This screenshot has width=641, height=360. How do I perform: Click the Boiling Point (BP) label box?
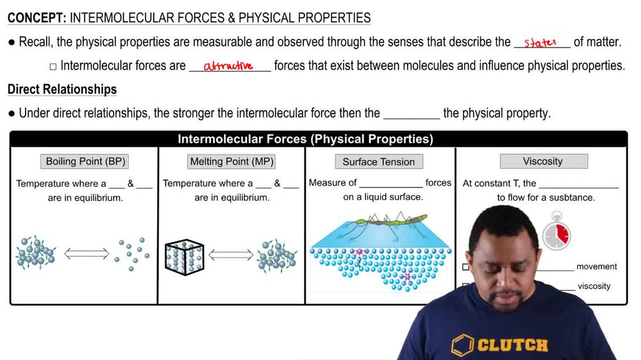(85, 161)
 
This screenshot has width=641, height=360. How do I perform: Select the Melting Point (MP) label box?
(231, 161)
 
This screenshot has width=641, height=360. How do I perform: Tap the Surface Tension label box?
(378, 162)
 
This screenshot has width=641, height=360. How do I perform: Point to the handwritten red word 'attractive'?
(228, 66)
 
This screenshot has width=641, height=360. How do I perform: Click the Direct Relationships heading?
(62, 89)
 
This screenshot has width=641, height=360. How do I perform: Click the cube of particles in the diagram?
(184, 256)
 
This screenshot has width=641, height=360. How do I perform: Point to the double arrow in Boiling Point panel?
(87, 254)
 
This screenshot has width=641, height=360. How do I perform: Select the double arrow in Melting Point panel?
(231, 254)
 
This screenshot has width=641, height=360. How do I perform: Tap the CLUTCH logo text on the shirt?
(513, 345)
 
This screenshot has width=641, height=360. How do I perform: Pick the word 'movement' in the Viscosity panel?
(596, 266)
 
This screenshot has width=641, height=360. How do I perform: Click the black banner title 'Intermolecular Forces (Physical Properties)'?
(305, 139)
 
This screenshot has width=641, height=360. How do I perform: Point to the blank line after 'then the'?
(412, 114)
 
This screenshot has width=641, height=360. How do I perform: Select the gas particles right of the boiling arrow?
(132, 253)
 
